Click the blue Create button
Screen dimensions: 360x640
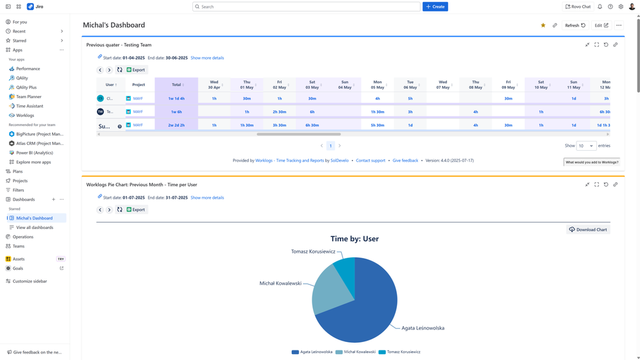(x=435, y=6)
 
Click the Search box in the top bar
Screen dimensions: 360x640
(x=307, y=6)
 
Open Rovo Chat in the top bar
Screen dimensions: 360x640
(x=578, y=6)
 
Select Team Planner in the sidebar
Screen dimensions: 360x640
(x=28, y=97)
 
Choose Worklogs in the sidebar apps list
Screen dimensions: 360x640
(x=25, y=116)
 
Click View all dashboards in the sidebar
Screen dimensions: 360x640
(x=35, y=228)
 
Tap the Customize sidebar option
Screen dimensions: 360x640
(x=29, y=281)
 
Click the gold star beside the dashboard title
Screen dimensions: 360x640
(x=543, y=26)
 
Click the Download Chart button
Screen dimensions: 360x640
(x=588, y=230)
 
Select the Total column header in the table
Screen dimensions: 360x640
(x=176, y=85)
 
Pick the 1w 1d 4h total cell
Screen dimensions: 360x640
(x=176, y=99)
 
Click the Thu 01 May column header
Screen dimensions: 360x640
(x=247, y=85)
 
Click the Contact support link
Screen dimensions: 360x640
(x=371, y=160)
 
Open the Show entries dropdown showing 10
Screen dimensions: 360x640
(x=585, y=146)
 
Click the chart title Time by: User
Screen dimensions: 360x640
(x=354, y=239)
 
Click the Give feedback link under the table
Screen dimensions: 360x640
(x=405, y=160)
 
